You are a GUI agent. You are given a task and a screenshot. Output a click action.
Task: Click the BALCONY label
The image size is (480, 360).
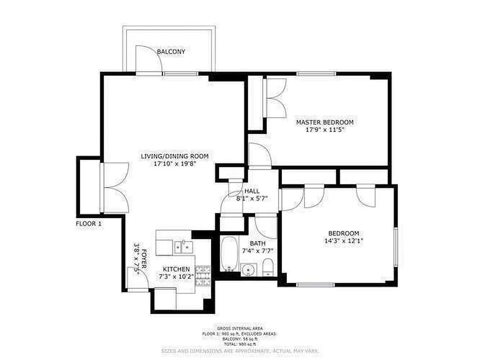[171, 52]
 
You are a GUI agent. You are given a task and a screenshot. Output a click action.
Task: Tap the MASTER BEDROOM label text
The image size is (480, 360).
[324, 122]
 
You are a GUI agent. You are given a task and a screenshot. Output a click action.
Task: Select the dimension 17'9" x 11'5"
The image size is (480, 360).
[324, 130]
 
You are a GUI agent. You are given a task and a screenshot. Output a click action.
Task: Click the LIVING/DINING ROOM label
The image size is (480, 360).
[175, 156]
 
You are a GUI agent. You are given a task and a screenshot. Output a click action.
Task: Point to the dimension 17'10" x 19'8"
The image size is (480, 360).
[175, 163]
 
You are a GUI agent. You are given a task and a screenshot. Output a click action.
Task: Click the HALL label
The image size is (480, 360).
[252, 191]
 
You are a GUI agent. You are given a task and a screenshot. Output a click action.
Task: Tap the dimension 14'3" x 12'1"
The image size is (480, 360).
[343, 241]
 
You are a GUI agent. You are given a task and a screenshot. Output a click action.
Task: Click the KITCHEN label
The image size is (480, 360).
[176, 269]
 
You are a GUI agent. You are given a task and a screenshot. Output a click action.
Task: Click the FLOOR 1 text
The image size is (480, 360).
[89, 223]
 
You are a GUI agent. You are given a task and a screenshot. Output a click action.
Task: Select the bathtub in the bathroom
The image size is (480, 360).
[229, 253]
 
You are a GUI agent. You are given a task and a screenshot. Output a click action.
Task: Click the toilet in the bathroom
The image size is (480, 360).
[267, 267]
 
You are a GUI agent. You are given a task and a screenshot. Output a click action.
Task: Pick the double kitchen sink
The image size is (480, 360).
[184, 247]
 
